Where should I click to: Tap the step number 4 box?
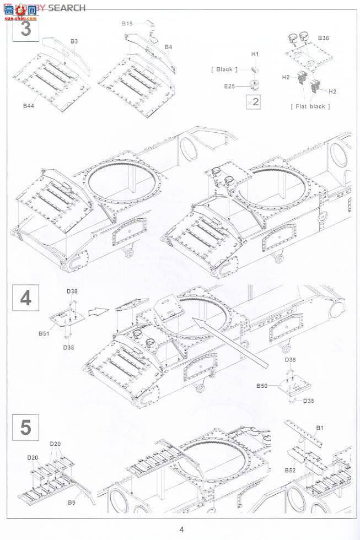(25, 299)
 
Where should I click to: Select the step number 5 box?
(25, 427)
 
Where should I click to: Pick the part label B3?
(74, 41)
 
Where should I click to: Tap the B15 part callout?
(127, 24)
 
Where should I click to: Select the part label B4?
(168, 47)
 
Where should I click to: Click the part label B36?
(324, 38)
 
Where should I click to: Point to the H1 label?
(255, 54)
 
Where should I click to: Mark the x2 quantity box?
(254, 102)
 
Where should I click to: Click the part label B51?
(45, 333)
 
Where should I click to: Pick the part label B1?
(319, 427)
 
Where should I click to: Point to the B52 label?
(291, 470)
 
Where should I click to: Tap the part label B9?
(72, 503)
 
